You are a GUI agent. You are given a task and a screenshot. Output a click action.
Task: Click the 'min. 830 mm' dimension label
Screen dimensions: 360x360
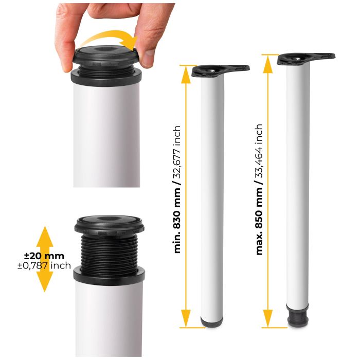177,226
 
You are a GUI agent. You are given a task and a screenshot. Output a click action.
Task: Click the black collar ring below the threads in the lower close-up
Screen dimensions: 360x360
109,275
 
